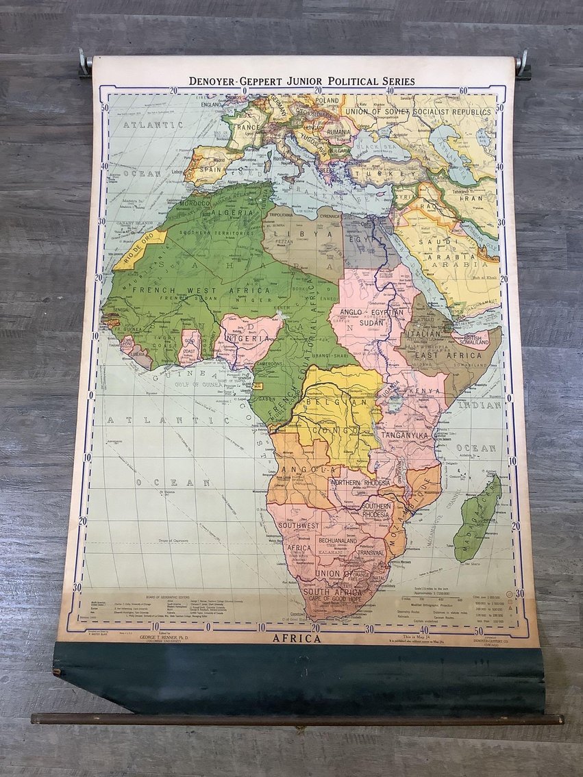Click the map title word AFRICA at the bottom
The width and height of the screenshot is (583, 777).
click(296, 639)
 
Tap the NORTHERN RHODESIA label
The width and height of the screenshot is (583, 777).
click(360, 483)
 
